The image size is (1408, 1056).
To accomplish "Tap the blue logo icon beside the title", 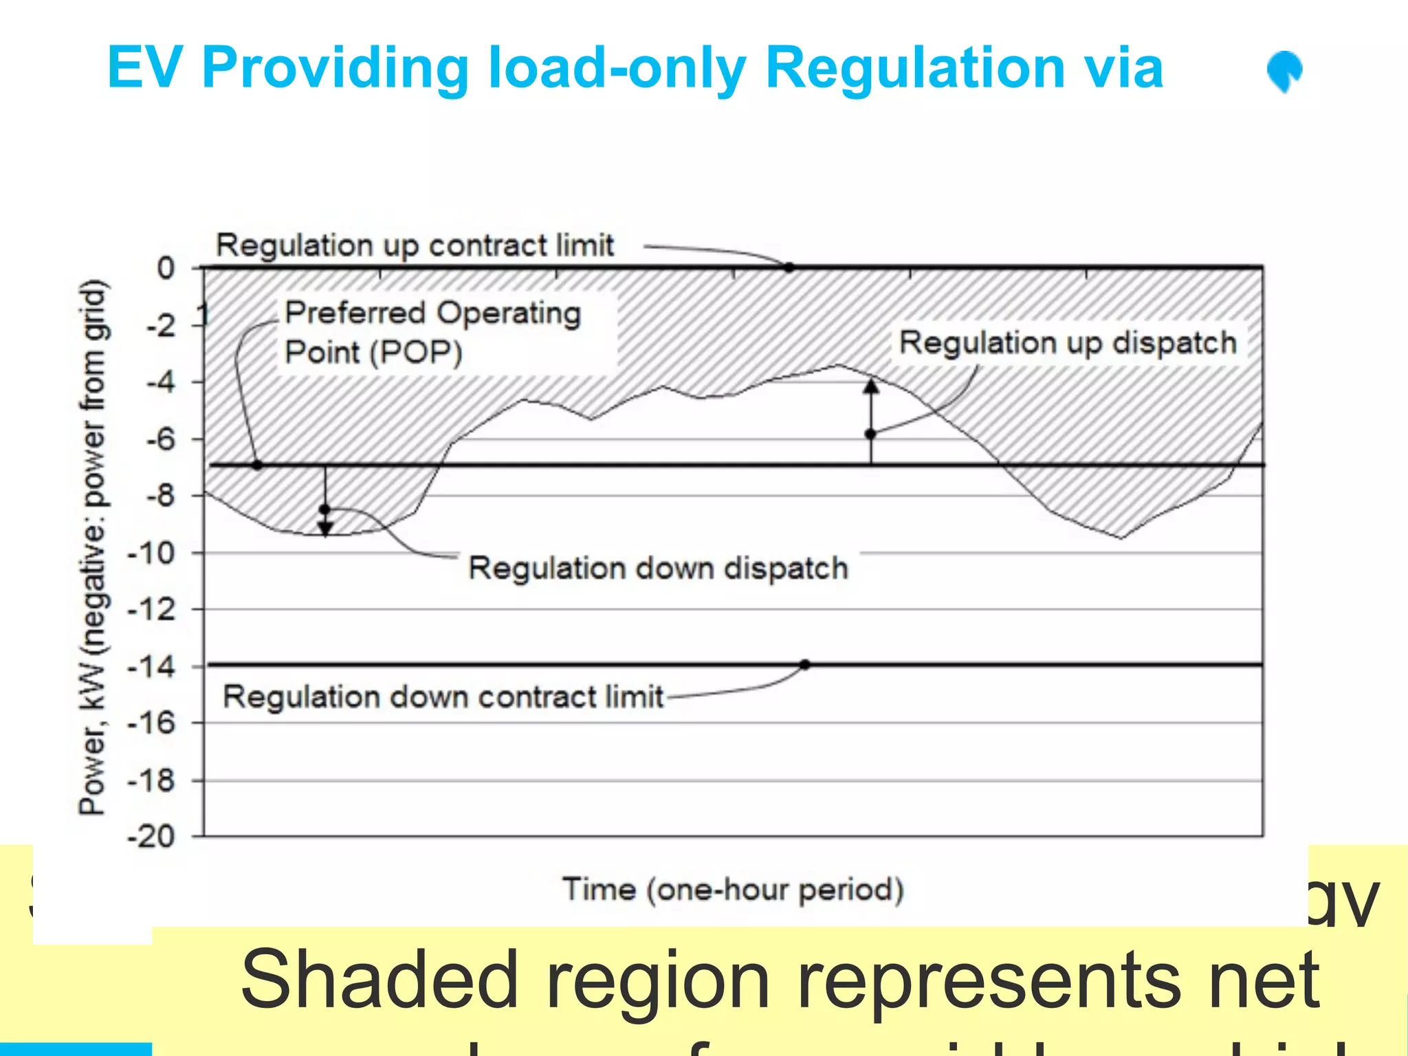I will coord(1284,71).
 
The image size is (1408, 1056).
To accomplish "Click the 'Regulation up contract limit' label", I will coord(415,245).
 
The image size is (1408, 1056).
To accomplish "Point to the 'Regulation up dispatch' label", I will coord(1068,342).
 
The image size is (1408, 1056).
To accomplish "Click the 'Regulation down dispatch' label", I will coord(658,569).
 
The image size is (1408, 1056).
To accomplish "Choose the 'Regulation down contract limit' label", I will coord(443,697).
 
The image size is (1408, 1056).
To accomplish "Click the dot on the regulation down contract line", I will coord(805,665).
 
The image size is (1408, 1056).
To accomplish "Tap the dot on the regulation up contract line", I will coord(789,267).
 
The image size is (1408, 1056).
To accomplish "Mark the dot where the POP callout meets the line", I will coord(257,465).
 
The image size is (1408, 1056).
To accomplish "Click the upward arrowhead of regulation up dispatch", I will coord(871,386).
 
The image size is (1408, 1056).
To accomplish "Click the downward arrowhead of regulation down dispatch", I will coord(325,529).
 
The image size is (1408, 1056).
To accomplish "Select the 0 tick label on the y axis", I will coord(166,267).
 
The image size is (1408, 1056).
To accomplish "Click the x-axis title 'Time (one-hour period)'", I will coord(733,890).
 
